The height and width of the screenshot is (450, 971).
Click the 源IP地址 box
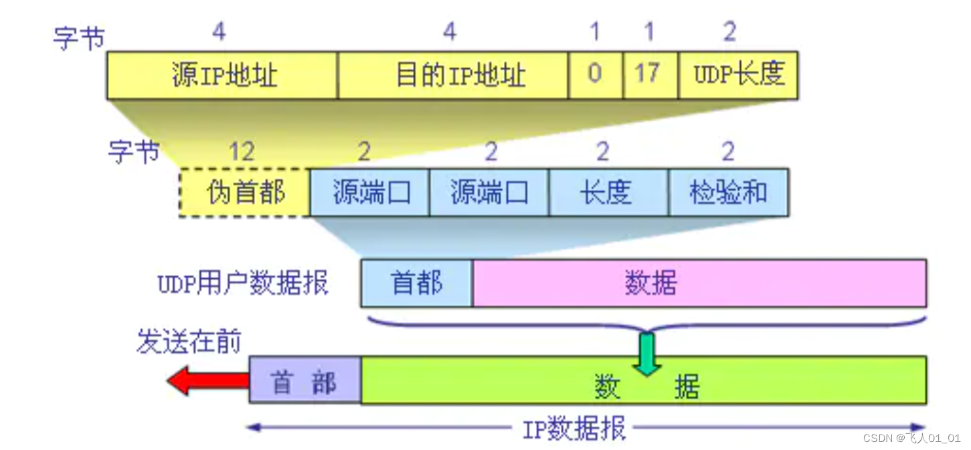tap(222, 75)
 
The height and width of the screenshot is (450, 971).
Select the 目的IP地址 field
tap(453, 75)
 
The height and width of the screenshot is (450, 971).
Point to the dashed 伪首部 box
tap(245, 193)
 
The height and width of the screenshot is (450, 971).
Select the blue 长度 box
tap(608, 193)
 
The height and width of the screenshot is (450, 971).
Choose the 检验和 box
tap(728, 193)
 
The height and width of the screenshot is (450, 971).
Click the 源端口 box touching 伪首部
tap(369, 193)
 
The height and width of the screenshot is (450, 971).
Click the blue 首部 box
tap(416, 284)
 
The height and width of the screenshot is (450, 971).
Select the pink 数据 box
tap(699, 284)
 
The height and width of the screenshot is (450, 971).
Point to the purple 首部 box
tap(305, 380)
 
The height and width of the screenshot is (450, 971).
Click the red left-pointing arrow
tap(207, 381)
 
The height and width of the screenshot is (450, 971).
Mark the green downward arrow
tap(646, 353)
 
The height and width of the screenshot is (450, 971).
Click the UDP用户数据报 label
tap(243, 284)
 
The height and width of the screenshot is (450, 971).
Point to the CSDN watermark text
tap(911, 439)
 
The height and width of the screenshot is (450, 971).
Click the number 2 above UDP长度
tap(729, 32)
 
